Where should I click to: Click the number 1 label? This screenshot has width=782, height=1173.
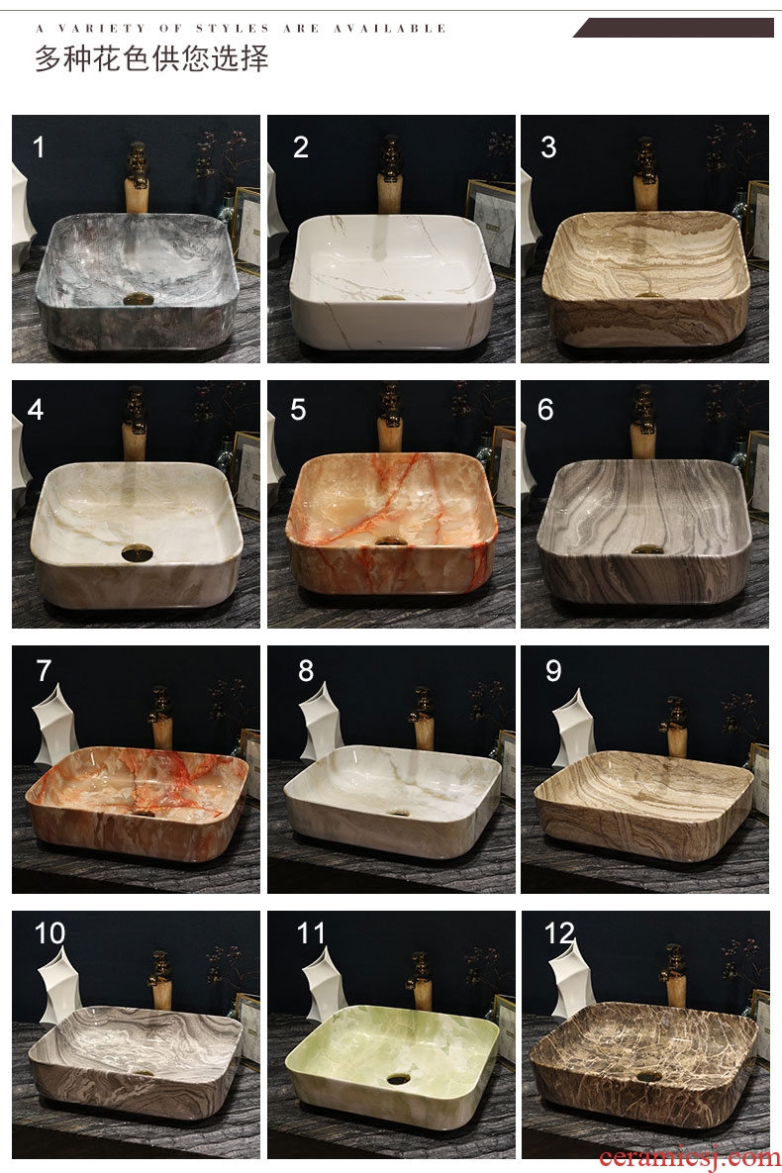pos(39,147)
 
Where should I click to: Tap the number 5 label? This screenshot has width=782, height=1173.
pos(298,409)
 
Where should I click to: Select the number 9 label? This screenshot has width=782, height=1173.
pos(553,670)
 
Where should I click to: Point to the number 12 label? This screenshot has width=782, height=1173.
pos(559,932)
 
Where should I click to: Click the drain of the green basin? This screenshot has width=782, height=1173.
pos(398,1080)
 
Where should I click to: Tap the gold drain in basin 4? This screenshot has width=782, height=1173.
pos(137,553)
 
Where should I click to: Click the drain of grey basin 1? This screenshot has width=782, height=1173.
pos(139,299)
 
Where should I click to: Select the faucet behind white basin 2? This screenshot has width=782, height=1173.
pos(389,175)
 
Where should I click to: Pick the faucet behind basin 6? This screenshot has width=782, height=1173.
pos(642,422)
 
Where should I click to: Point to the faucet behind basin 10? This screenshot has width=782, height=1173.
pos(160,979)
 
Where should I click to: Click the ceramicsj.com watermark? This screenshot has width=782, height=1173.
pos(689,1157)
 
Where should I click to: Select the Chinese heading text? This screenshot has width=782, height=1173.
pos(151,58)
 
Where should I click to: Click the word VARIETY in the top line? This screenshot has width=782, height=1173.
pos(102,29)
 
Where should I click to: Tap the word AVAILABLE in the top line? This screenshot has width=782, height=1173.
pos(390,29)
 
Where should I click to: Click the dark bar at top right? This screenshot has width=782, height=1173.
pos(673,28)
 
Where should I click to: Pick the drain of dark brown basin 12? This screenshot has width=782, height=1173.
pos(648,1077)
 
